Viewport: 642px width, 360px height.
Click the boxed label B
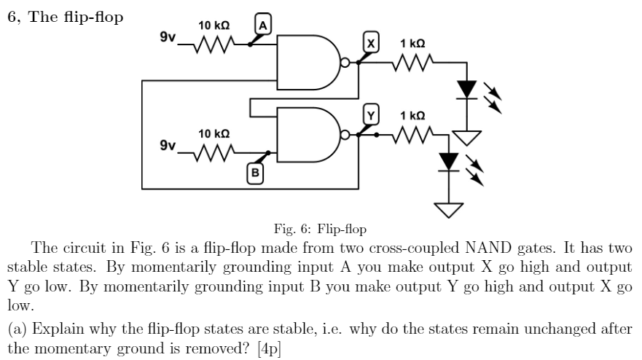255,173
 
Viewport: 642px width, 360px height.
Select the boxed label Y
372,115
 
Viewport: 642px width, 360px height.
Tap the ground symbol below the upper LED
466,136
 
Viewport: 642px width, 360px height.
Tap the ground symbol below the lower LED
448,209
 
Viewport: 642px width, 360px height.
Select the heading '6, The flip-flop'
64,17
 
